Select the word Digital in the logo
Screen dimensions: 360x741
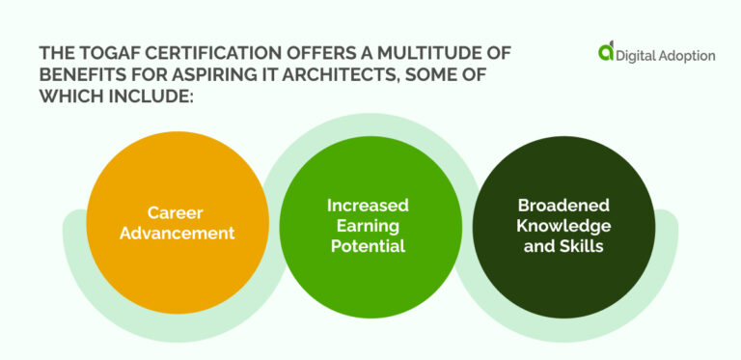coord(639,56)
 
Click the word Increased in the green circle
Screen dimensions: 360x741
coord(368,205)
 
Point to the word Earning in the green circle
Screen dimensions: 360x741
coord(368,226)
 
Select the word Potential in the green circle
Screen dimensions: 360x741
coord(368,246)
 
